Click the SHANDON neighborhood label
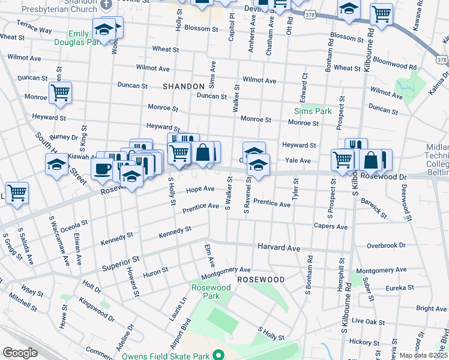pyautogui.click(x=184, y=86)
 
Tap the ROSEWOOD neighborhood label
pyautogui.click(x=260, y=280)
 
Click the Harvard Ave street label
pyautogui.click(x=279, y=247)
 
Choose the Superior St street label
pyautogui.click(x=120, y=263)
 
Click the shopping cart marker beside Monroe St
pyautogui.click(x=60, y=93)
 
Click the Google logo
pyautogui.click(x=20, y=353)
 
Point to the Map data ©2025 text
pyautogui.click(x=423, y=355)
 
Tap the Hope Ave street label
pyautogui.click(x=200, y=189)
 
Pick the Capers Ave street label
pyautogui.click(x=331, y=227)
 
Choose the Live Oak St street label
pyautogui.click(x=368, y=322)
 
